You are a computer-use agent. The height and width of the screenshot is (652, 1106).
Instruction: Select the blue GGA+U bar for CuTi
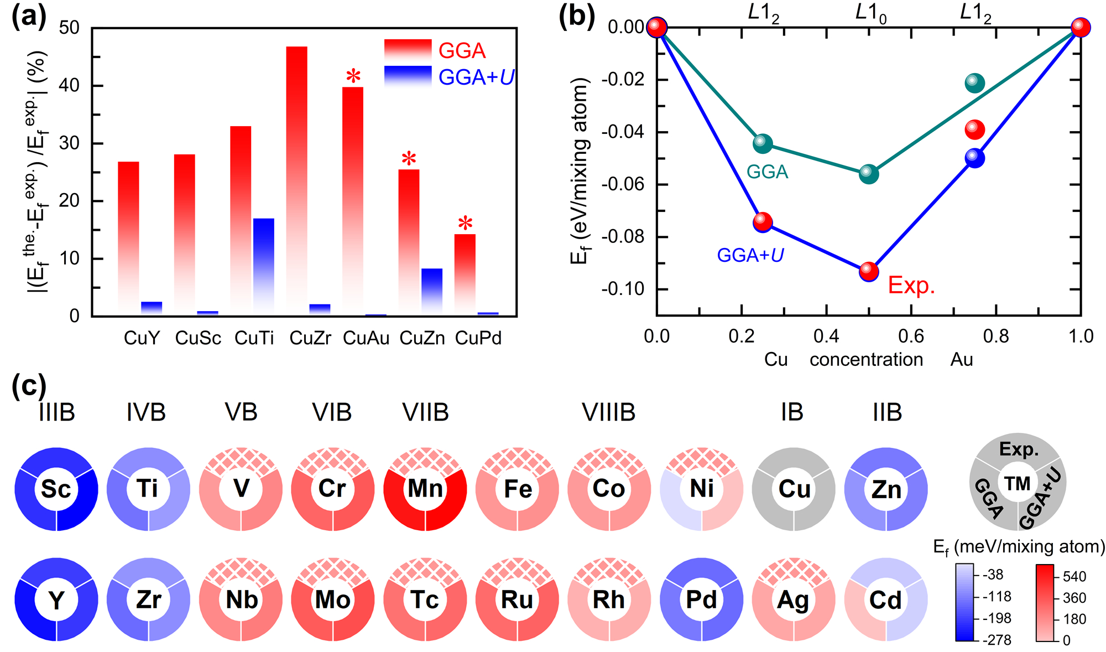click(x=264, y=266)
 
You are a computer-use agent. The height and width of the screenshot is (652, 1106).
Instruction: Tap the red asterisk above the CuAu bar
click(x=353, y=76)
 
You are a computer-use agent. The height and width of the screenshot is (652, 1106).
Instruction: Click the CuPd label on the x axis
click(x=478, y=338)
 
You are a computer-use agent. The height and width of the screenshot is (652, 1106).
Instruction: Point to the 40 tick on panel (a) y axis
click(x=70, y=85)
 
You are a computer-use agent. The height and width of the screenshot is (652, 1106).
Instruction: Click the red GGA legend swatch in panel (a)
click(x=408, y=50)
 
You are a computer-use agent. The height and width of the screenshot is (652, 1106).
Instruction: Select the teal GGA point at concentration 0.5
click(x=869, y=174)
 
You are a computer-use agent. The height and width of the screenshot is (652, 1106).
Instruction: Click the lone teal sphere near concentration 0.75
click(x=974, y=83)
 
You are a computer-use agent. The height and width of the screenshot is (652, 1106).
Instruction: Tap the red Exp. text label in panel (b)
click(x=911, y=285)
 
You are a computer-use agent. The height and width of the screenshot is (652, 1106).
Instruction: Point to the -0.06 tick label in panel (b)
click(x=622, y=184)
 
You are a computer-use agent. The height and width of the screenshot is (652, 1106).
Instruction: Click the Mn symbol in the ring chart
click(x=425, y=489)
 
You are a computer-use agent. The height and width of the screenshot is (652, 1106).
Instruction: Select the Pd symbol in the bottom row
click(x=701, y=599)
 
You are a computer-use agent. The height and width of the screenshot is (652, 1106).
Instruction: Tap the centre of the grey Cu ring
click(x=794, y=489)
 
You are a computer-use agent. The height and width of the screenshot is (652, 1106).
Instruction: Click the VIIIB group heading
click(x=608, y=412)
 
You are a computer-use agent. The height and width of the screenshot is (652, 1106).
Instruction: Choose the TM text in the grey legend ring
click(x=1018, y=483)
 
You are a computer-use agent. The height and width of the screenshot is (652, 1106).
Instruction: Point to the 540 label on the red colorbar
click(x=1074, y=577)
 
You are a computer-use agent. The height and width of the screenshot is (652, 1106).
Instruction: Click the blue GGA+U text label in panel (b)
click(x=750, y=255)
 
